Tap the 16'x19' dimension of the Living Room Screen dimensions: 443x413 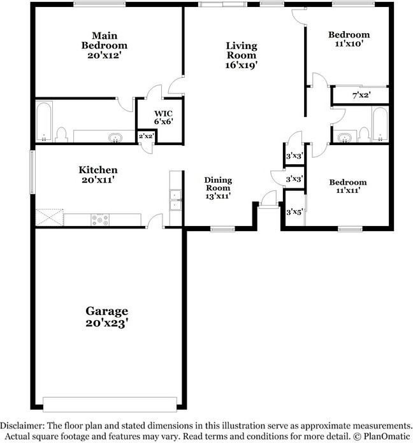tap(242, 65)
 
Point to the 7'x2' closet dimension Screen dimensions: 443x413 tap(361, 95)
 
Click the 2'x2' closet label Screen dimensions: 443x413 tap(147, 136)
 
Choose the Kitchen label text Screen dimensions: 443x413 tap(98, 170)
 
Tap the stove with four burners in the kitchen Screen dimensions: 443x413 tap(101, 220)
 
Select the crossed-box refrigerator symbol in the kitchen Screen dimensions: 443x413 tap(48, 218)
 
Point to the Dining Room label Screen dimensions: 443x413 tap(217, 184)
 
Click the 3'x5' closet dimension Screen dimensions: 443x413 tap(294, 212)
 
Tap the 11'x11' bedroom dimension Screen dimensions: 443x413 tap(347, 192)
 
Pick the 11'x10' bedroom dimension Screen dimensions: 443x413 tap(349, 45)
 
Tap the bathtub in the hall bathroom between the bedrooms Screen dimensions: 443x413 tap(379, 123)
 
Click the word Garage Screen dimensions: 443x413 tap(107, 311)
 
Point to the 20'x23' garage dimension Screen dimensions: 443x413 tap(107, 323)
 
